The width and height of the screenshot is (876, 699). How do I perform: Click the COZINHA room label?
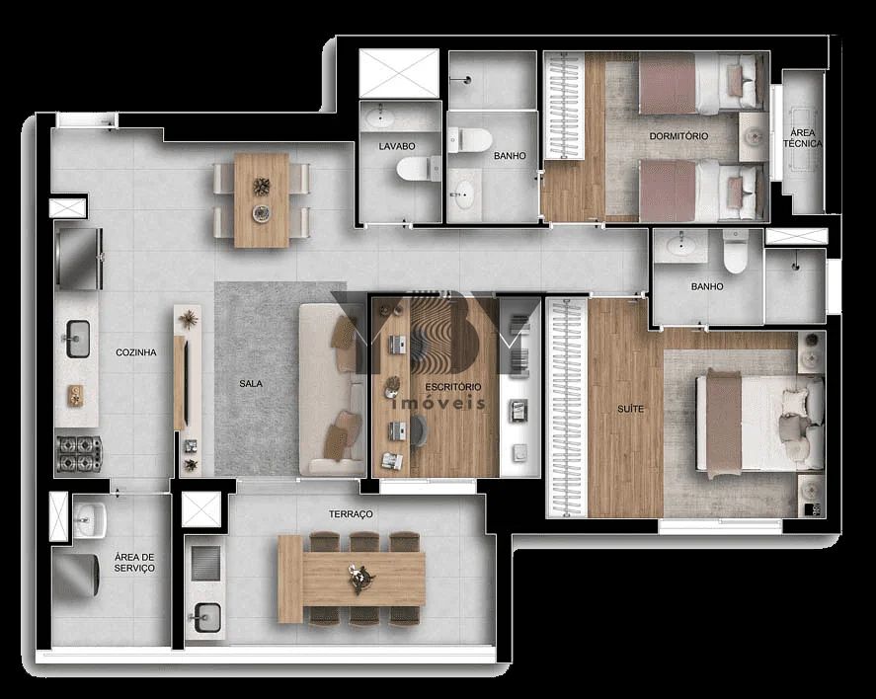[x=135, y=352]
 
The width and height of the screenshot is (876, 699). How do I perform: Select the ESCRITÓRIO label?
[x=453, y=386]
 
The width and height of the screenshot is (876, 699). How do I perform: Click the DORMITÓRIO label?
[x=678, y=135]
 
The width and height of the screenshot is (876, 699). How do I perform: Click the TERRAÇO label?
[x=351, y=514]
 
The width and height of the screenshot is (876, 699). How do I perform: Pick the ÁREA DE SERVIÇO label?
[x=134, y=562]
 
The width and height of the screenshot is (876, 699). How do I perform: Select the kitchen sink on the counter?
[x=77, y=338]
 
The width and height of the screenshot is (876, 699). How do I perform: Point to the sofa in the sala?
[x=332, y=389]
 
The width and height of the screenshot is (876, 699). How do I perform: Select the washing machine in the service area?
[x=75, y=578]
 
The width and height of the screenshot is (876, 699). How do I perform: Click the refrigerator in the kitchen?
[x=79, y=258]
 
